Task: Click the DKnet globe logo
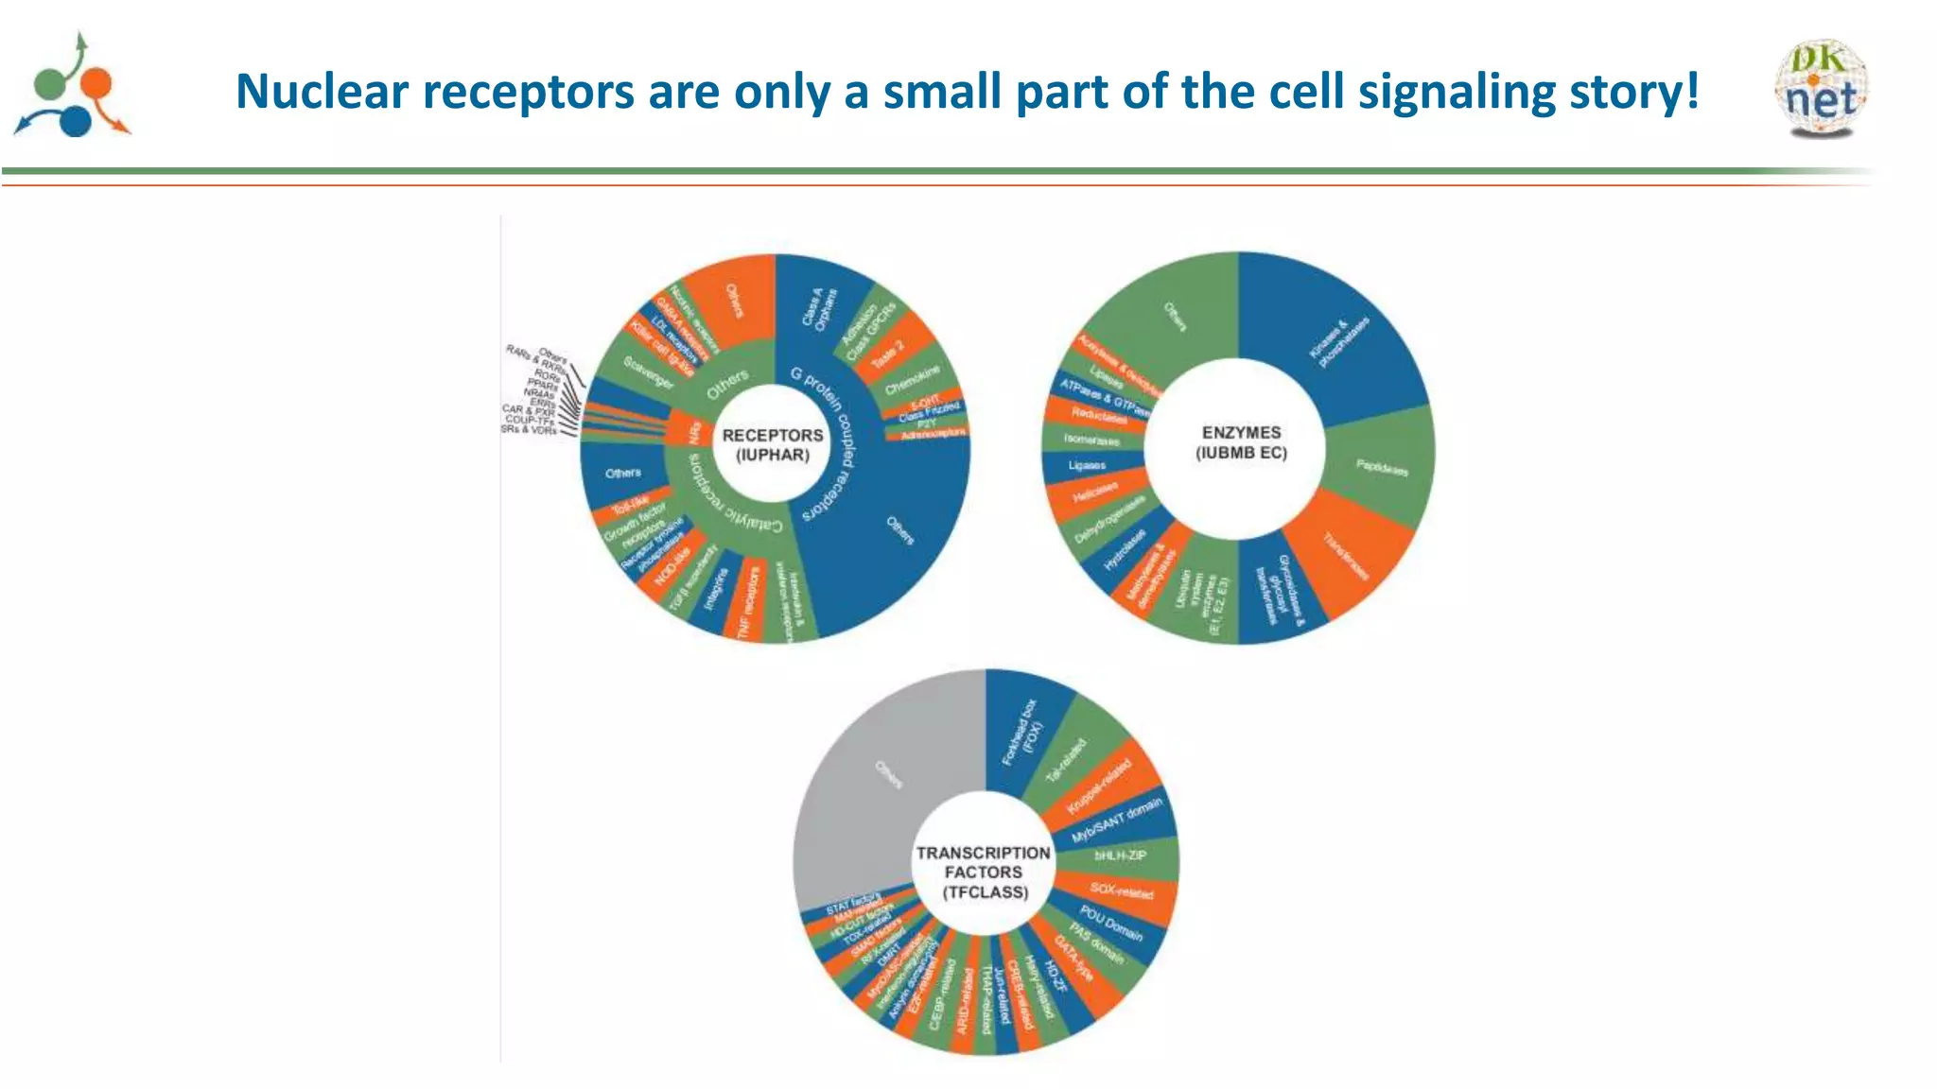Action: point(1822,89)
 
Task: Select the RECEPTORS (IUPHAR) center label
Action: point(773,445)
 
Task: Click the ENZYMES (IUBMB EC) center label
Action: point(1241,442)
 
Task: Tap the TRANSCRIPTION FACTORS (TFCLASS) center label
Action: point(984,872)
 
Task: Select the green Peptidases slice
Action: point(1380,467)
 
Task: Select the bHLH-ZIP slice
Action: point(1122,856)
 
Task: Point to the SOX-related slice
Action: point(1122,891)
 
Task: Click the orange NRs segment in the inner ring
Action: point(694,432)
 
